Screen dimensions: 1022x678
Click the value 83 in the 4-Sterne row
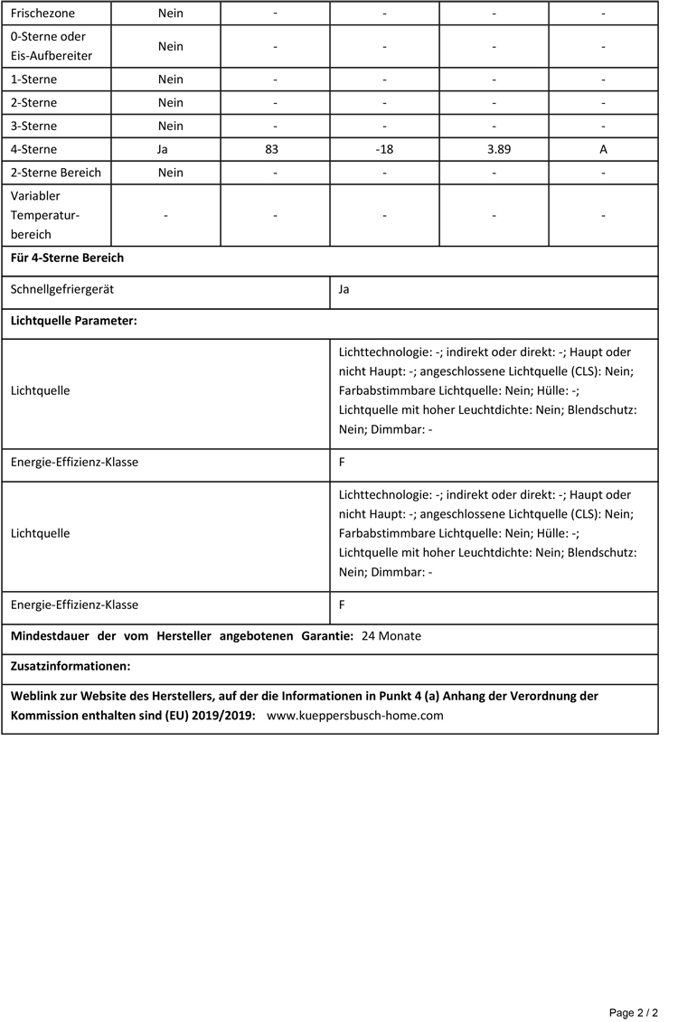[272, 149]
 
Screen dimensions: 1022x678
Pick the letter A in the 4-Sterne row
[603, 149]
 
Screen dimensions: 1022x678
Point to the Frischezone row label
[42, 14]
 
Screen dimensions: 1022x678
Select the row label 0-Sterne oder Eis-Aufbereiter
[48, 46]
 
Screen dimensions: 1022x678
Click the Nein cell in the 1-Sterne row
[170, 80]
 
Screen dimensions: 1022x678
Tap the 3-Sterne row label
[33, 126]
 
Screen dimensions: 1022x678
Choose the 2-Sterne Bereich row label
[56, 173]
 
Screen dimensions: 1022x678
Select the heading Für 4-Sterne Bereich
[67, 258]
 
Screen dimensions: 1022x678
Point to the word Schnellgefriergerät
[62, 290]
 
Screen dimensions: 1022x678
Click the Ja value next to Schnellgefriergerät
[344, 290]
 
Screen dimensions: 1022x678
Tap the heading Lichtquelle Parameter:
[73, 322]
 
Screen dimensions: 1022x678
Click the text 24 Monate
[391, 636]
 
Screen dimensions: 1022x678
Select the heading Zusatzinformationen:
[71, 667]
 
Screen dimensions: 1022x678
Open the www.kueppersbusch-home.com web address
[355, 715]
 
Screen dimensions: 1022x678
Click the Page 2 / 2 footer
[633, 1012]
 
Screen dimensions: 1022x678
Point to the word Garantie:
[324, 636]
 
